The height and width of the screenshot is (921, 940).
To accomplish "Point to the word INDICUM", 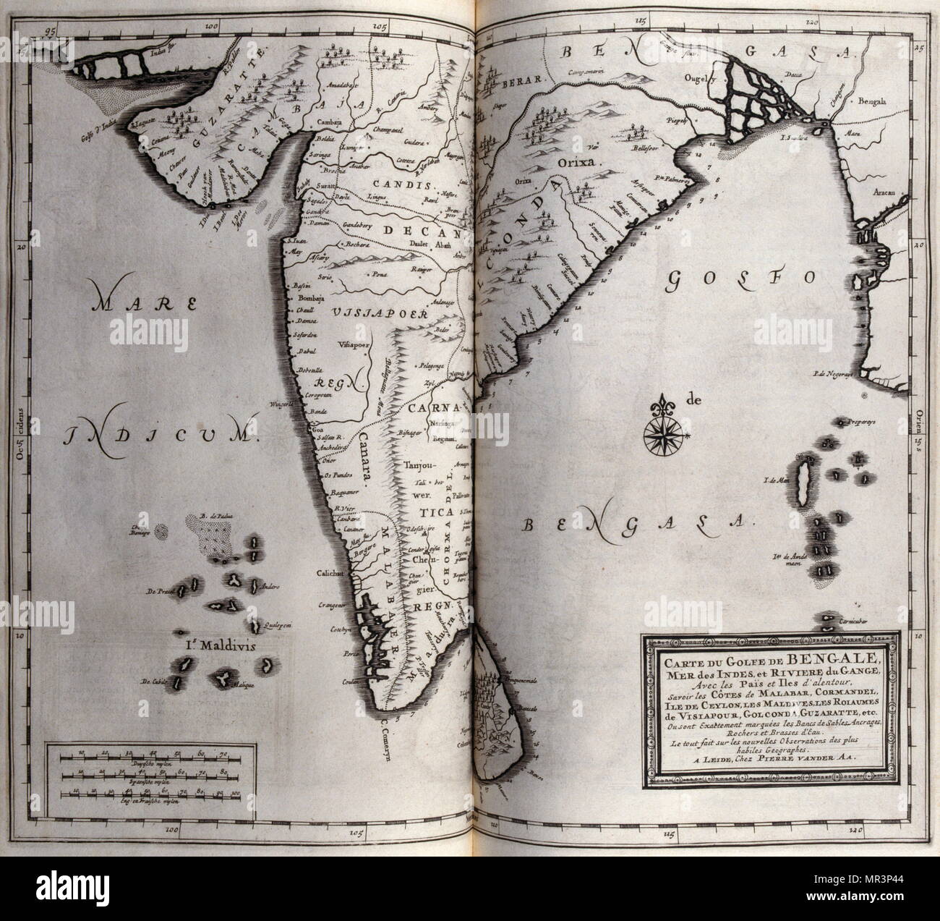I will pyautogui.click(x=161, y=436).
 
